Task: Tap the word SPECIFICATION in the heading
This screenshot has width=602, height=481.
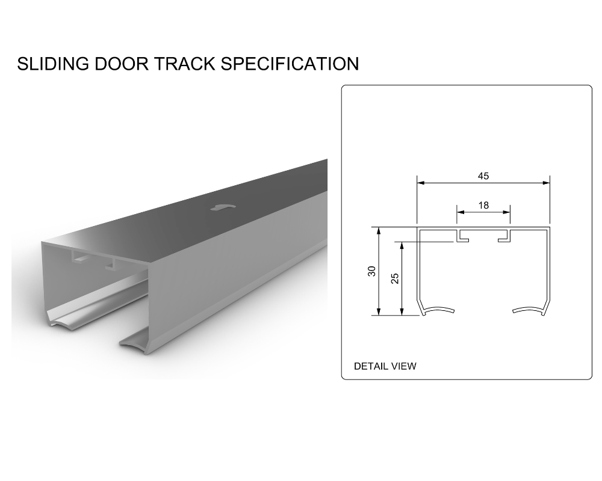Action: coord(290,64)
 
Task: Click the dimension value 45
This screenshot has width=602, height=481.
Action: coord(483,176)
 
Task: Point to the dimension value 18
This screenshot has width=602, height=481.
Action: coord(483,205)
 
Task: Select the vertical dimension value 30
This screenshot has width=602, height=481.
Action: coord(371,271)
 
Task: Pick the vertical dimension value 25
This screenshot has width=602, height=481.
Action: coord(395,278)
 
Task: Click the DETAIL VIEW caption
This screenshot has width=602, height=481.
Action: coord(385,366)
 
